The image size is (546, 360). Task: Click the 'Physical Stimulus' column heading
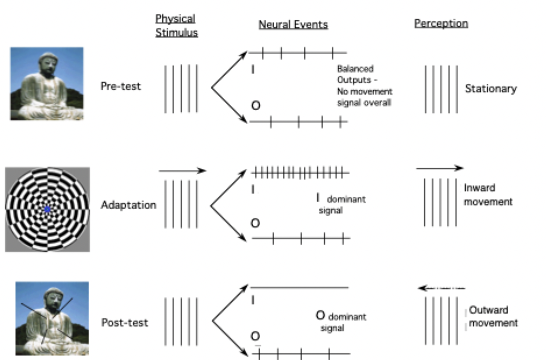tap(176, 26)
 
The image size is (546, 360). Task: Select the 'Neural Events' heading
tap(293, 24)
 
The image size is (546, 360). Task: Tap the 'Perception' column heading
tap(441, 24)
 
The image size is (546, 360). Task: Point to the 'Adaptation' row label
tap(128, 205)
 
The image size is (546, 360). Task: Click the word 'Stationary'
tap(490, 89)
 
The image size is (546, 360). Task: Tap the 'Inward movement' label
tap(488, 195)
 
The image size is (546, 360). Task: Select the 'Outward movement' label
tap(492, 316)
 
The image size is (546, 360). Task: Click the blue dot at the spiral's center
tap(47, 209)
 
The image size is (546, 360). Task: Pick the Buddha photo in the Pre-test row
tap(47, 83)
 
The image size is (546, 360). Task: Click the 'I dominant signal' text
tap(340, 203)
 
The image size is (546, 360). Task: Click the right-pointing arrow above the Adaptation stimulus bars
tap(182, 171)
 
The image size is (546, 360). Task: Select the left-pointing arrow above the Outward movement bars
tap(441, 288)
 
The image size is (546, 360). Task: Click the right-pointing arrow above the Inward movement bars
tap(439, 168)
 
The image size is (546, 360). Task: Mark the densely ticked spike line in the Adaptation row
tap(300, 172)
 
